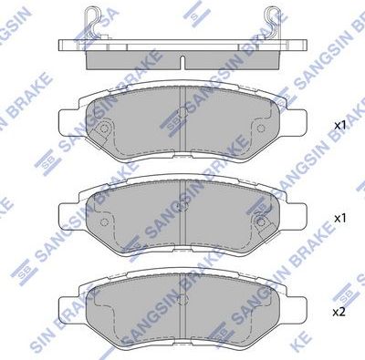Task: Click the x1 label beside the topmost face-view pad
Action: coord(339,124)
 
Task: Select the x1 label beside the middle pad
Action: coord(339,219)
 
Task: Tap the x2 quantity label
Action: coord(339,313)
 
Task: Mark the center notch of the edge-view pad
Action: coord(183,64)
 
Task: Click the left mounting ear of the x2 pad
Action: coord(67,304)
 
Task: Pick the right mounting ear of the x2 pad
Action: coord(300,304)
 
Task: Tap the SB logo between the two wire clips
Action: coord(194,11)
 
